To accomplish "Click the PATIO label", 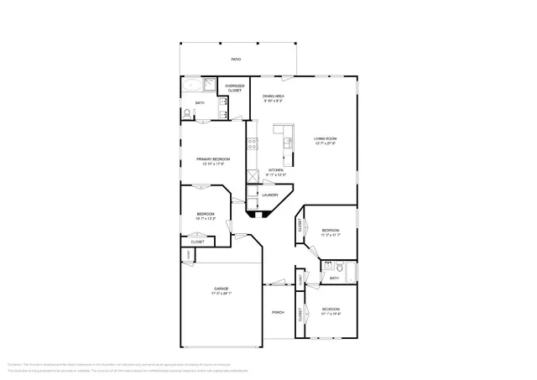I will coord(237,60).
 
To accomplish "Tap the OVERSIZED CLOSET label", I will coord(234,87).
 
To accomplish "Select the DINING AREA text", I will coord(274,96).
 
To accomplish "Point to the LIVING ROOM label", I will coord(325,138).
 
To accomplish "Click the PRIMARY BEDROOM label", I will coord(213,159).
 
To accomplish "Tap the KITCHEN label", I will coord(276,169).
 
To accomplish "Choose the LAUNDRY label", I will coord(269,195).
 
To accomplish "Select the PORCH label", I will coord(278,313).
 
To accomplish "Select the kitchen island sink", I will coord(288,144).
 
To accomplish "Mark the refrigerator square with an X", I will coord(252,178).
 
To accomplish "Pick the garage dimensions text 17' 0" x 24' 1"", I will coord(221,294).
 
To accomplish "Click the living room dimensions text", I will coord(325,143).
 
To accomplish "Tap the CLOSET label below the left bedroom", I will coord(197,242).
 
